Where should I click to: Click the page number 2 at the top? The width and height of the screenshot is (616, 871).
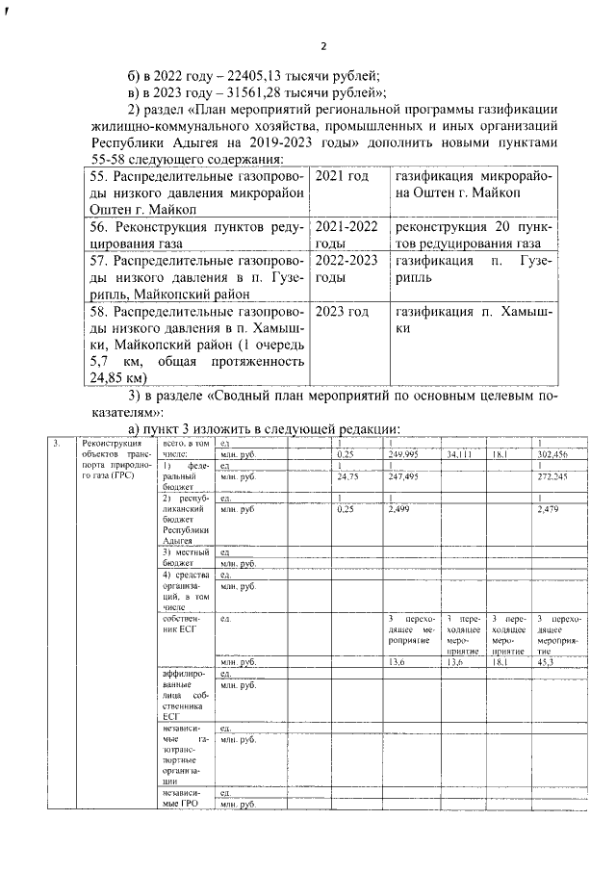(x=323, y=45)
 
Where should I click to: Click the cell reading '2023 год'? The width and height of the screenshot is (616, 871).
(x=343, y=312)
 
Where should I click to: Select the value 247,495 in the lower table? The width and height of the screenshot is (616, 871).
(x=402, y=475)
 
